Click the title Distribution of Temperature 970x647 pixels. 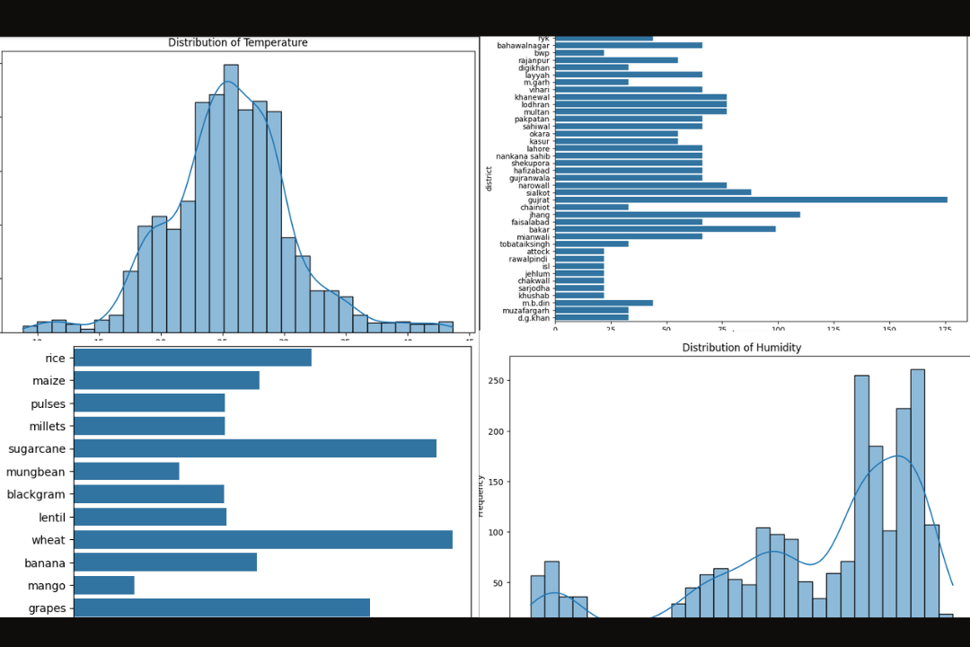237,43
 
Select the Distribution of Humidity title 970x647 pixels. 741,348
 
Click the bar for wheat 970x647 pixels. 262,539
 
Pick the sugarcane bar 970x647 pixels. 254,448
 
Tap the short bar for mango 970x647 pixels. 103,586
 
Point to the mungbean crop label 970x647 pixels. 36,472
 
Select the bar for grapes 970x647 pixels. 221,608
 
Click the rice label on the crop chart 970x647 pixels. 55,359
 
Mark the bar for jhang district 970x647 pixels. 676,215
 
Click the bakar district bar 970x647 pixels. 665,229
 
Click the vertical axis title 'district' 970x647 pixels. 489,178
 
